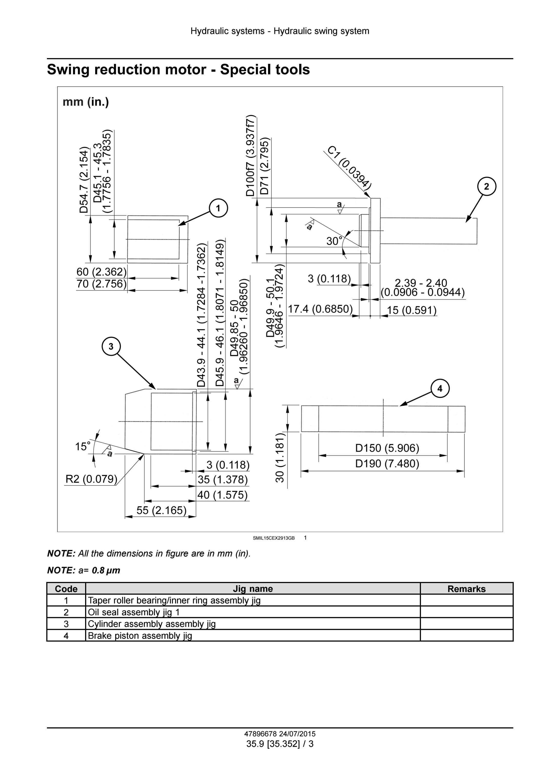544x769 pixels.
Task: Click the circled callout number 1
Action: [x=218, y=208]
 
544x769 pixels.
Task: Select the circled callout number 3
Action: [x=111, y=346]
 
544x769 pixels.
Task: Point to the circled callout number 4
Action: [x=440, y=388]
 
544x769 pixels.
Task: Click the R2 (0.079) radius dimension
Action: [x=91, y=479]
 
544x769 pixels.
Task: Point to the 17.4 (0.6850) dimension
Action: [x=320, y=309]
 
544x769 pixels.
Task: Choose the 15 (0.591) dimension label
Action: [x=412, y=310]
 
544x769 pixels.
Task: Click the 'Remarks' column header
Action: [x=466, y=589]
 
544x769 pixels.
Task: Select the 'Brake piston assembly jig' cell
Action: [x=140, y=636]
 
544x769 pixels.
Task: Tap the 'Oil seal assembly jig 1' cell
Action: [x=134, y=612]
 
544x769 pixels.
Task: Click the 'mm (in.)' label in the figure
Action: [x=86, y=102]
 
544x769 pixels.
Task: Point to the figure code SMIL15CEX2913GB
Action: [x=274, y=538]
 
